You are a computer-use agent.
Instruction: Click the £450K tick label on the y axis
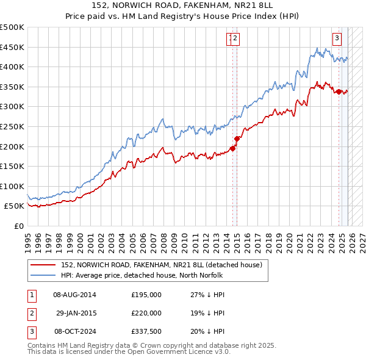coord(12,47)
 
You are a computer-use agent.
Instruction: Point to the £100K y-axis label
coord(12,186)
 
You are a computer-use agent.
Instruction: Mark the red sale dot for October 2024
coord(339,92)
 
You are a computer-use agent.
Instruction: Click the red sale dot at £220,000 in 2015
coord(237,139)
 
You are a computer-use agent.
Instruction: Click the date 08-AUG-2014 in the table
coord(74,295)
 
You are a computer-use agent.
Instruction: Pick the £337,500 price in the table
coord(146,331)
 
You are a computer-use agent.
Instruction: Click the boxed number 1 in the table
coord(30,295)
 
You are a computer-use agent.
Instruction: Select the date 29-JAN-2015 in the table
coord(76,313)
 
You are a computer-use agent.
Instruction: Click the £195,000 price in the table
coord(146,295)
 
